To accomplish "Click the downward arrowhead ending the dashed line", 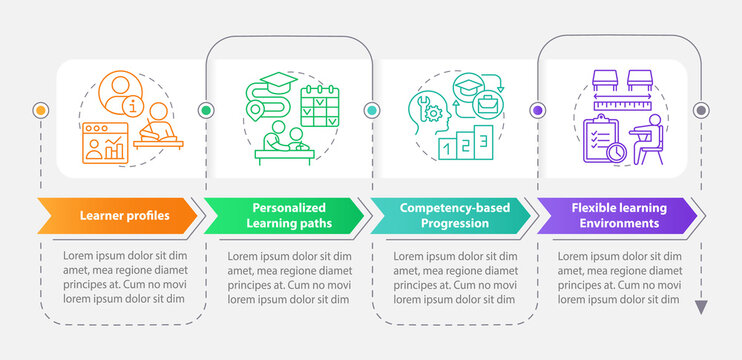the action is pos(701,307).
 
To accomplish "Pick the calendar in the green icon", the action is pos(320,106).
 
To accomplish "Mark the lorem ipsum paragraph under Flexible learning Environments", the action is pos(619,276).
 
